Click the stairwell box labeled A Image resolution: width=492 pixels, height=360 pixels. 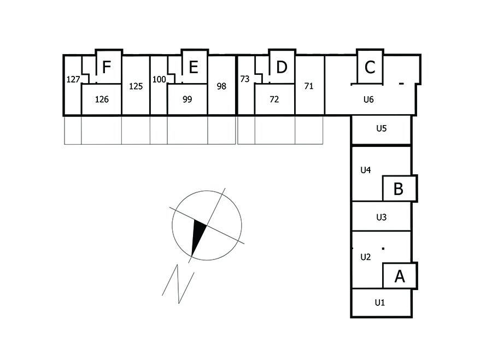[x=400, y=276]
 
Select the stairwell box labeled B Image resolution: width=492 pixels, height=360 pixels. [x=399, y=188]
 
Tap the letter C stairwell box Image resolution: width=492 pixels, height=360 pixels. [x=370, y=67]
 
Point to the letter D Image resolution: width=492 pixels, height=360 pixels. [x=282, y=67]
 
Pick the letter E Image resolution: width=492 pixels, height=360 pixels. [x=193, y=67]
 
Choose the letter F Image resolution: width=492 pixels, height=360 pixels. [x=107, y=67]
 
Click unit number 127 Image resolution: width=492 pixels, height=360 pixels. [x=73, y=79]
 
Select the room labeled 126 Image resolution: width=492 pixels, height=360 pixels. [x=102, y=99]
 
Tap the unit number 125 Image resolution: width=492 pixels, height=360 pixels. [x=136, y=86]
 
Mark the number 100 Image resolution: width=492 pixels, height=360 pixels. [x=159, y=79]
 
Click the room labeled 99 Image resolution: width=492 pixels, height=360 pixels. [x=188, y=99]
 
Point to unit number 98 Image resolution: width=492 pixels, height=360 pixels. [x=221, y=86]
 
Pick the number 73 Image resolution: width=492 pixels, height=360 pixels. [x=245, y=79]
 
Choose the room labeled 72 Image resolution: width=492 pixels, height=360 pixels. [x=274, y=99]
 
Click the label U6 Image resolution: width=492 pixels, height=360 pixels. [x=368, y=99]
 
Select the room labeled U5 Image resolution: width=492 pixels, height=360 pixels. [x=382, y=129]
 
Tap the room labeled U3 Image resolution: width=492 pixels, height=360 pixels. [x=382, y=217]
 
